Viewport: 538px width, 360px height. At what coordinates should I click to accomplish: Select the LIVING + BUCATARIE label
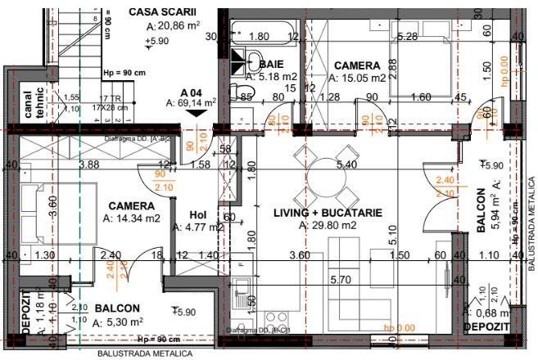tap(328, 212)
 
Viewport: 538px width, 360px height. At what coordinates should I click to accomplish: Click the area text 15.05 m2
tap(357, 79)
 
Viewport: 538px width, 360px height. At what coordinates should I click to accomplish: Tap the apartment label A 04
tap(191, 92)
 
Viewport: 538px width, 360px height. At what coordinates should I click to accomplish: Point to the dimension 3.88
tap(88, 164)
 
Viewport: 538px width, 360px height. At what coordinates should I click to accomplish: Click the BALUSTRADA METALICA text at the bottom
tap(144, 354)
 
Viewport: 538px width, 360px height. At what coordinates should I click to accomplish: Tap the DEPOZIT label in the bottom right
tap(488, 326)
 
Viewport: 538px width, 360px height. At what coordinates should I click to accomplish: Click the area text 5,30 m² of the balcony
tap(119, 322)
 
